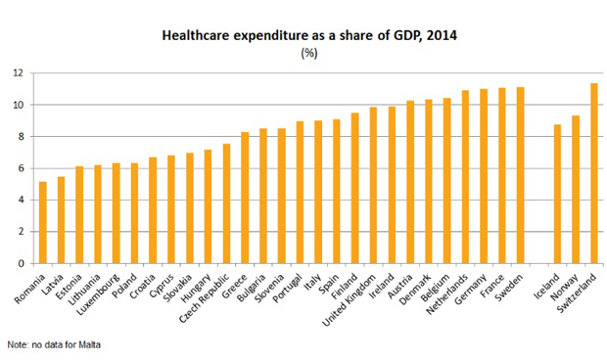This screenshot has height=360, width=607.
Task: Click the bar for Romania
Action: click(x=42, y=222)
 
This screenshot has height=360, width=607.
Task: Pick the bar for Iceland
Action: click(x=556, y=194)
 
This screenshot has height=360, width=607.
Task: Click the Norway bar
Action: click(x=575, y=189)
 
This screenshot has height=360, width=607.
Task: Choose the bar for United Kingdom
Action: click(x=373, y=185)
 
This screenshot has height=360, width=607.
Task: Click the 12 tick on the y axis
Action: click(x=18, y=73)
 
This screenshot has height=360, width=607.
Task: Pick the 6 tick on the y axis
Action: click(x=21, y=168)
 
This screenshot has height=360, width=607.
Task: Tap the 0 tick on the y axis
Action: click(x=21, y=263)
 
